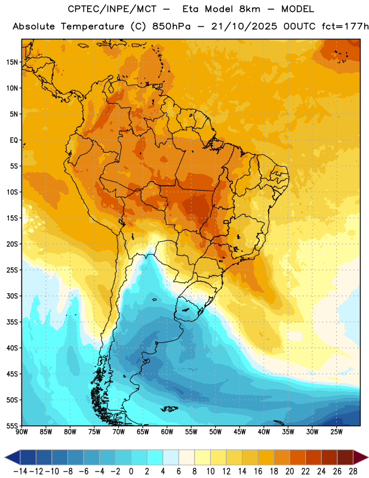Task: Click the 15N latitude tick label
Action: tap(12, 62)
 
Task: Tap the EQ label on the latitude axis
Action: tap(14, 140)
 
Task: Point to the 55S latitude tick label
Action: tap(12, 425)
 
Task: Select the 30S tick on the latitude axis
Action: tap(12, 296)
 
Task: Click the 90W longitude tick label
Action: tap(21, 431)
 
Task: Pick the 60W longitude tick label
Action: tap(167, 431)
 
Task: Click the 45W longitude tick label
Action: tap(239, 431)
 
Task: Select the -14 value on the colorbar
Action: tap(20, 471)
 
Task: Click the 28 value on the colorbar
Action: tap(353, 471)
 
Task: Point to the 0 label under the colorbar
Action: tap(131, 471)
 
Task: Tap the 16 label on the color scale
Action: tap(258, 471)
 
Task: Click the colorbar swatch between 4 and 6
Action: tap(171, 457)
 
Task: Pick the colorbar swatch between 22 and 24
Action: tap(313, 457)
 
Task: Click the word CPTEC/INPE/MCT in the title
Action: tap(112, 9)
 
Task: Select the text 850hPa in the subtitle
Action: tap(171, 26)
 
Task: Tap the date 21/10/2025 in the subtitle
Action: tap(244, 26)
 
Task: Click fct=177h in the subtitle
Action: tap(345, 26)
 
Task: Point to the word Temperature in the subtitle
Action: tap(93, 27)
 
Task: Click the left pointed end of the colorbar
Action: tap(5, 457)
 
